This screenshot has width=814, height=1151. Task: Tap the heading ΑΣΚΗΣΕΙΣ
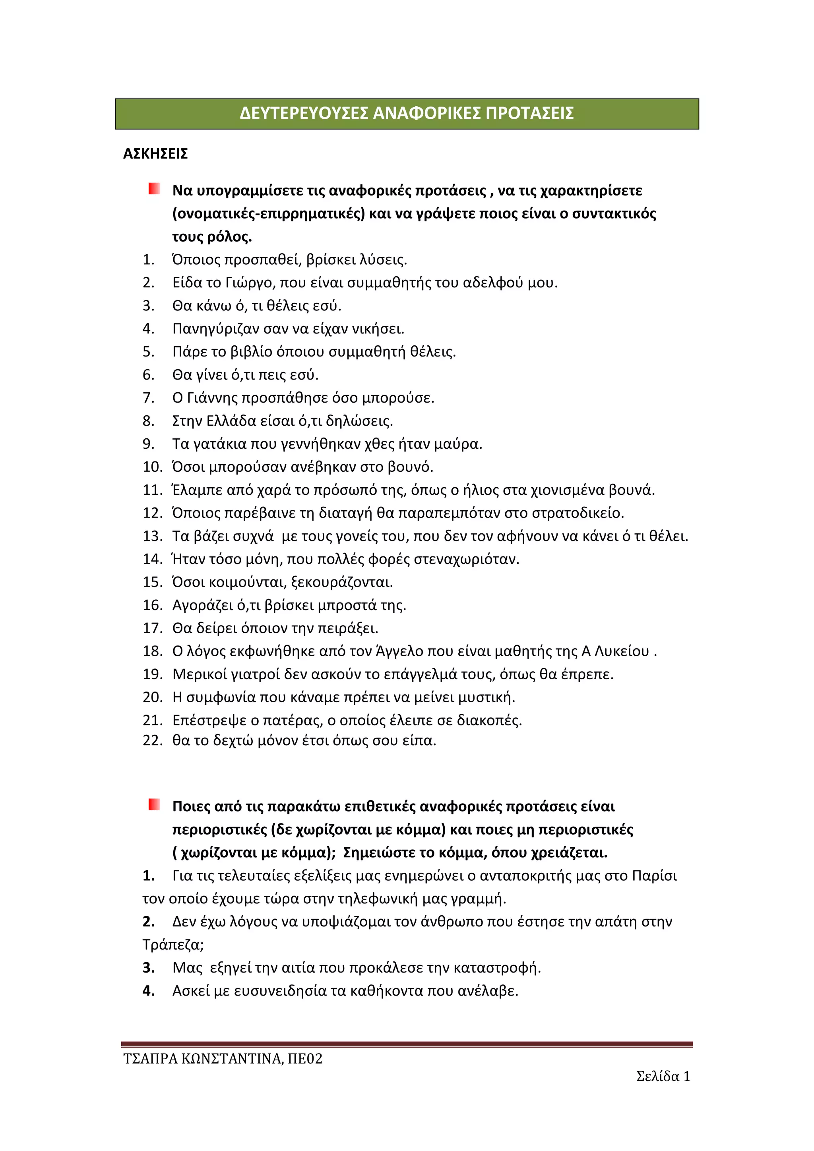click(x=155, y=154)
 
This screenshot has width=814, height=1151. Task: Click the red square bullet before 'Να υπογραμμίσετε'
click(x=154, y=189)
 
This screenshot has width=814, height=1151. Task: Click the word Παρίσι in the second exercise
click(x=654, y=876)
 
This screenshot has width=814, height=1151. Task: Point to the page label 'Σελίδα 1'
click(x=663, y=1076)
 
